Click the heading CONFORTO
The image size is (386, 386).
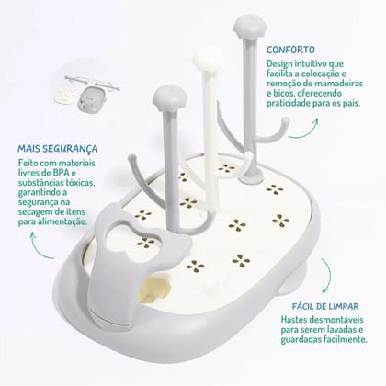click(x=290, y=50)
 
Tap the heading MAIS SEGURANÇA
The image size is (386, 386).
click(x=58, y=149)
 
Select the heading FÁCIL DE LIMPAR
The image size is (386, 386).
click(x=325, y=306)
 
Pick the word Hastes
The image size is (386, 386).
click(x=296, y=320)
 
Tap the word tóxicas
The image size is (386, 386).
click(x=77, y=182)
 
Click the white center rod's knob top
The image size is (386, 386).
click(x=208, y=58)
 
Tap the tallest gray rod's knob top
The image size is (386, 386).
click(x=250, y=26)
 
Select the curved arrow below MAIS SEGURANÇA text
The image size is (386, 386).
click(x=40, y=247)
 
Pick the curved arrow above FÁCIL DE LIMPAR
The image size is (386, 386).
click(x=326, y=275)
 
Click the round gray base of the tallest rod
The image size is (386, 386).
click(x=252, y=177)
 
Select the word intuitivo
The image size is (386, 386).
click(x=310, y=64)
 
